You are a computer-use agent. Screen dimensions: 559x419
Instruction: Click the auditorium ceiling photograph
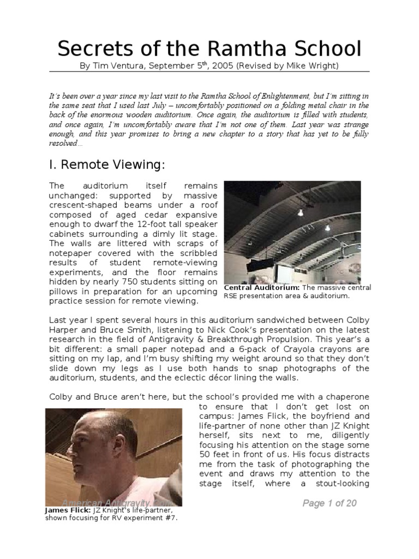click(x=292, y=230)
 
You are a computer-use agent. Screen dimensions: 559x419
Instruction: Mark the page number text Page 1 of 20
click(x=329, y=503)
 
